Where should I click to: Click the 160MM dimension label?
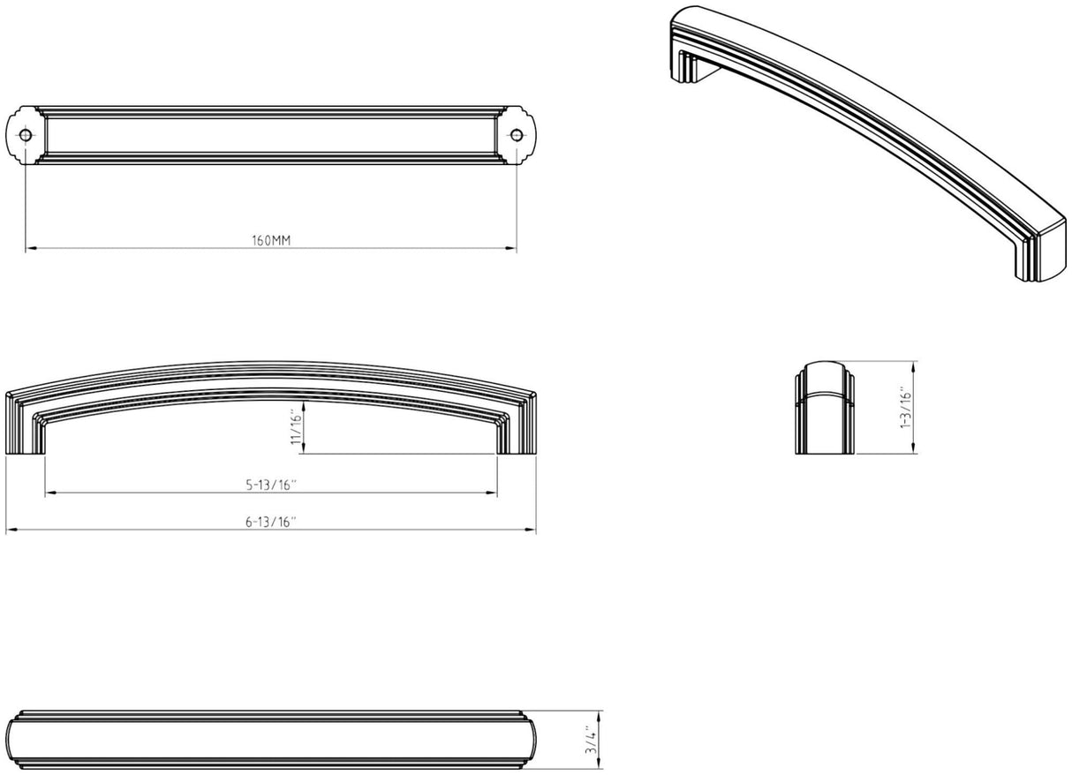pyautogui.click(x=271, y=240)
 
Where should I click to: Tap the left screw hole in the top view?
pyautogui.click(x=26, y=135)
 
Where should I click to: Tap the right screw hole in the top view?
pyautogui.click(x=517, y=135)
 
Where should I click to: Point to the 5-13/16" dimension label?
pyautogui.click(x=271, y=485)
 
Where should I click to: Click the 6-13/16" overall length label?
pyautogui.click(x=271, y=522)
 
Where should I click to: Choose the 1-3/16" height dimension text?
pyautogui.click(x=906, y=407)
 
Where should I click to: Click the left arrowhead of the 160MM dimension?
pyautogui.click(x=30, y=248)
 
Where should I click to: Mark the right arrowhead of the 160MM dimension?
pyautogui.click(x=511, y=248)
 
